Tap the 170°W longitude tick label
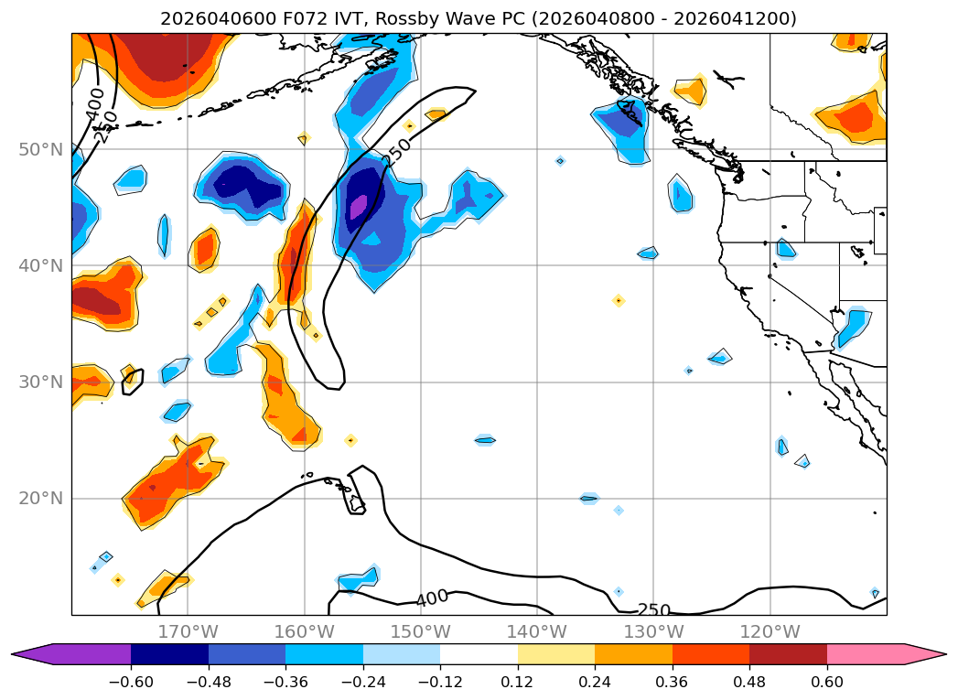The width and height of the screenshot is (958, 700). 188,631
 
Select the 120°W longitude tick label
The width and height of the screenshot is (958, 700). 770,631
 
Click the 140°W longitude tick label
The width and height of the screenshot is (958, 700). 537,631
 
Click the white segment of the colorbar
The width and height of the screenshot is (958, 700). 479,654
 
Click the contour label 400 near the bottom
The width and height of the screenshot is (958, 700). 432,599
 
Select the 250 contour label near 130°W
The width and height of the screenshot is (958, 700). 654,610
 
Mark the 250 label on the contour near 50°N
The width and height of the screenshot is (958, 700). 397,152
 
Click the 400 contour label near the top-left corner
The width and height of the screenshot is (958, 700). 95,102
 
